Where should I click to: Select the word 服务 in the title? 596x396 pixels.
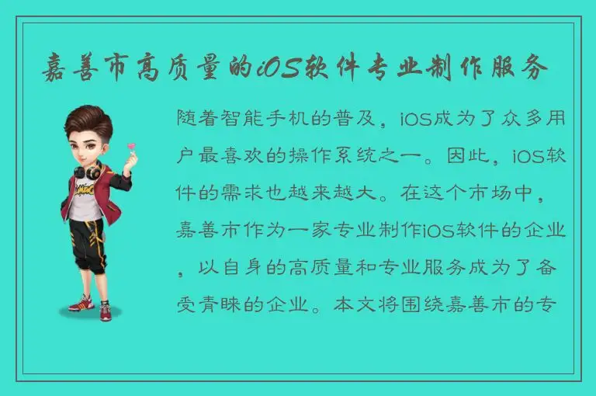tap(524, 68)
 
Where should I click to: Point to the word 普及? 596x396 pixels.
tap(366, 120)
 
